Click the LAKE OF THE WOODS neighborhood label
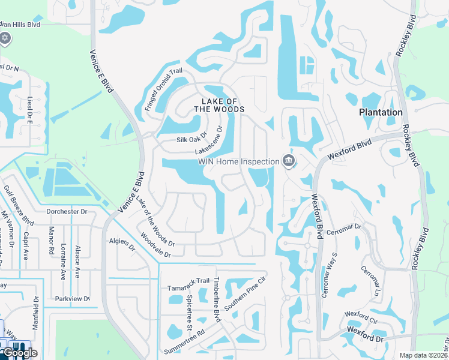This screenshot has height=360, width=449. click(x=219, y=105)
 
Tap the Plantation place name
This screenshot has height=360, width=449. click(x=381, y=112)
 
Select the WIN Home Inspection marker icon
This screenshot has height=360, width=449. click(x=289, y=161)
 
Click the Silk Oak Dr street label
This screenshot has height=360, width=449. click(x=191, y=139)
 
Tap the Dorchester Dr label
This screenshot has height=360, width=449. click(x=67, y=212)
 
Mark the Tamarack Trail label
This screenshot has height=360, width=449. click(x=188, y=281)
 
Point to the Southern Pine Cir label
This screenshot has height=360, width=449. click(x=245, y=294)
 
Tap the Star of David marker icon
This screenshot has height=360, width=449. click(x=5, y=38)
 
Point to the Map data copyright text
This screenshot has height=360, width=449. click(x=424, y=355)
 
